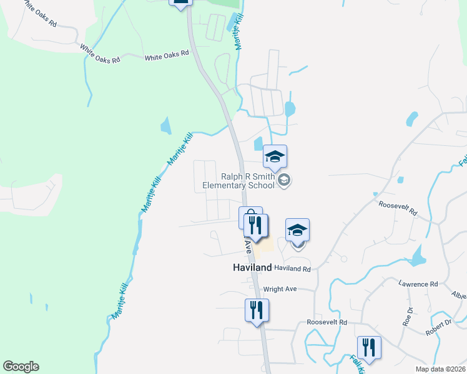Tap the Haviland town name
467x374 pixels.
pyautogui.click(x=248, y=267)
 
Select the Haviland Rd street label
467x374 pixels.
pyautogui.click(x=292, y=269)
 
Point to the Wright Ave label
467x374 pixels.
pyautogui.click(x=280, y=289)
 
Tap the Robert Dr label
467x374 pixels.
pyautogui.click(x=439, y=328)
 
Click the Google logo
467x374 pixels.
pyautogui.click(x=21, y=367)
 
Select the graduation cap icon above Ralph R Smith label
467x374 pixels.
pyautogui.click(x=275, y=157)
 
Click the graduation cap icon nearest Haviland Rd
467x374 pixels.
pyautogui.click(x=298, y=231)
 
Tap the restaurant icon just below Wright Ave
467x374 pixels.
pyautogui.click(x=256, y=310)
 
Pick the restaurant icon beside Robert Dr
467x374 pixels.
pyautogui.click(x=369, y=348)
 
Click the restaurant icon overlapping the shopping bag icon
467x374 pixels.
pyautogui.click(x=257, y=226)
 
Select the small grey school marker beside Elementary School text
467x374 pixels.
pyautogui.click(x=284, y=181)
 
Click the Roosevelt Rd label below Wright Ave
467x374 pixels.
pyautogui.click(x=327, y=322)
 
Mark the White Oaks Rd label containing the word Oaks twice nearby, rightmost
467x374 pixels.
pyautogui.click(x=167, y=55)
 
